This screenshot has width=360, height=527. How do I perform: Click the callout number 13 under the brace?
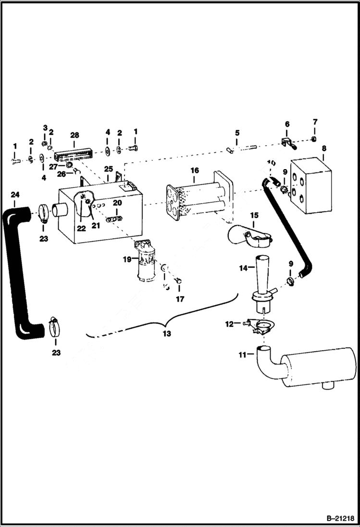tap(166, 333)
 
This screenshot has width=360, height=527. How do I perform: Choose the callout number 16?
tap(195, 170)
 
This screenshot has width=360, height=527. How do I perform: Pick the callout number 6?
tap(287, 124)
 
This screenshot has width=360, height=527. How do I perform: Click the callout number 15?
tap(254, 215)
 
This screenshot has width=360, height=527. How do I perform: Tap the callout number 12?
tap(229, 324)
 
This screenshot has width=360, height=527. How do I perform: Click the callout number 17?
tap(179, 299)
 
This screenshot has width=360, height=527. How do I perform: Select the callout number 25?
tap(109, 170)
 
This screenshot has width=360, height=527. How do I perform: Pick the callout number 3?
tap(45, 128)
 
